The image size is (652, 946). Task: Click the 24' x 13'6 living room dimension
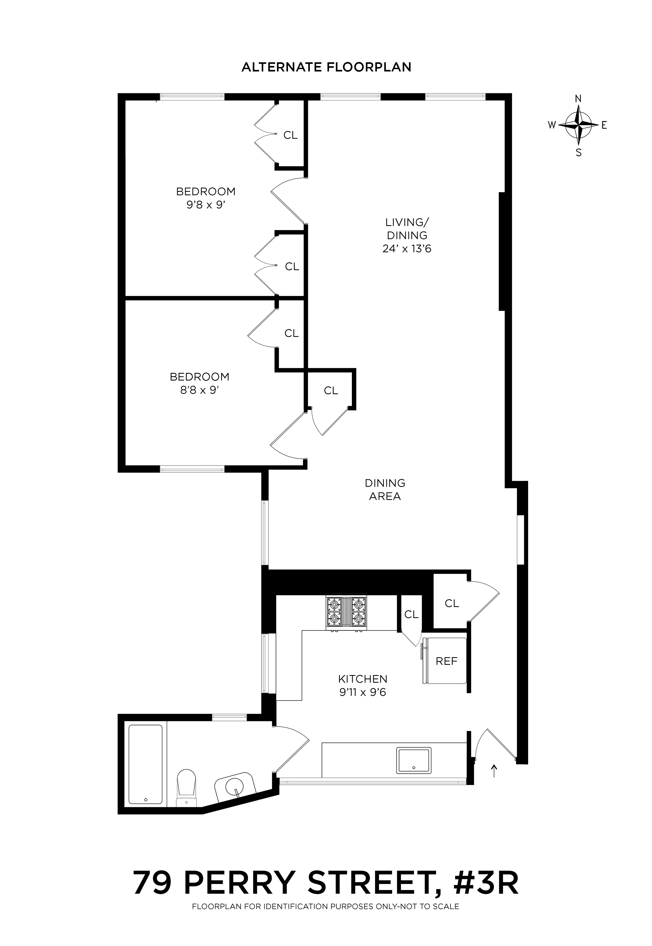407,249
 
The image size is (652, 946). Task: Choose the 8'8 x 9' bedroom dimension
200,390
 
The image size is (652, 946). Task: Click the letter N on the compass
578,98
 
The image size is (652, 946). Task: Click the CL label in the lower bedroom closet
291,333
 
